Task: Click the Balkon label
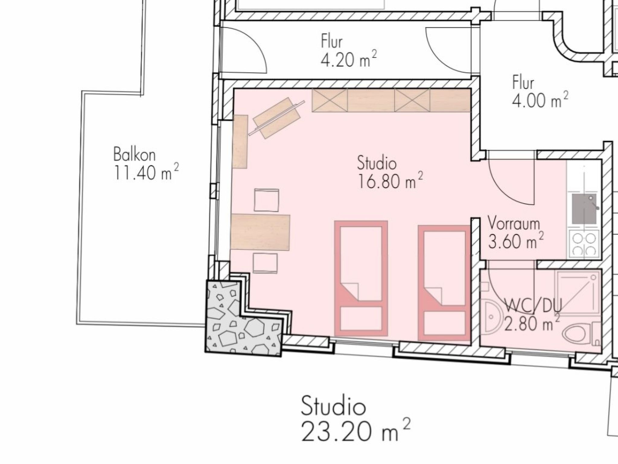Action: point(134,154)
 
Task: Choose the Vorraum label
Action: point(514,224)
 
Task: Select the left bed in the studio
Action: point(361,278)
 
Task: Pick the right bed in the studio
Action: point(444,283)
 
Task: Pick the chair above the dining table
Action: point(266,200)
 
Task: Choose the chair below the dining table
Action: point(265,263)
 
